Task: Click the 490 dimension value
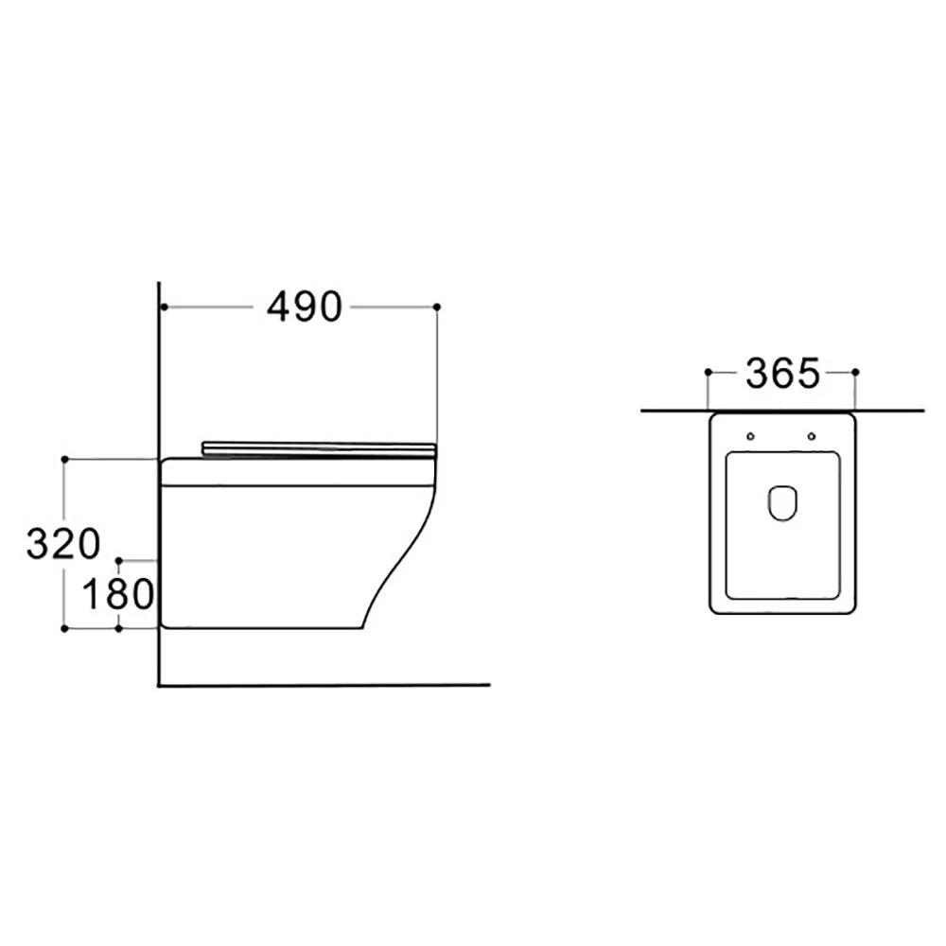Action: [305, 307]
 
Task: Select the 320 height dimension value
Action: [63, 544]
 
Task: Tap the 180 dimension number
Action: [118, 593]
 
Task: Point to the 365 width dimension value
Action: [782, 374]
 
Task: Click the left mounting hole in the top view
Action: [750, 436]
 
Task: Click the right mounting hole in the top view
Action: [812, 436]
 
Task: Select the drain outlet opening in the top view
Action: [782, 502]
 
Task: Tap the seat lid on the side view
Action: [319, 449]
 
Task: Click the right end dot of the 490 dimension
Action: [437, 307]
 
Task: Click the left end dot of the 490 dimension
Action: [164, 307]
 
